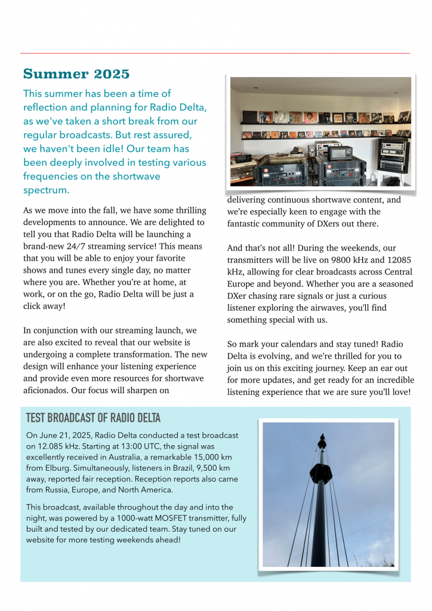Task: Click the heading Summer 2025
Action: [76, 74]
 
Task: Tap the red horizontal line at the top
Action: [215, 54]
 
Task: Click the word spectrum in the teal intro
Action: [46, 190]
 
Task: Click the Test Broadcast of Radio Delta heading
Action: [93, 418]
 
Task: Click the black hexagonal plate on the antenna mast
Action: [321, 474]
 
